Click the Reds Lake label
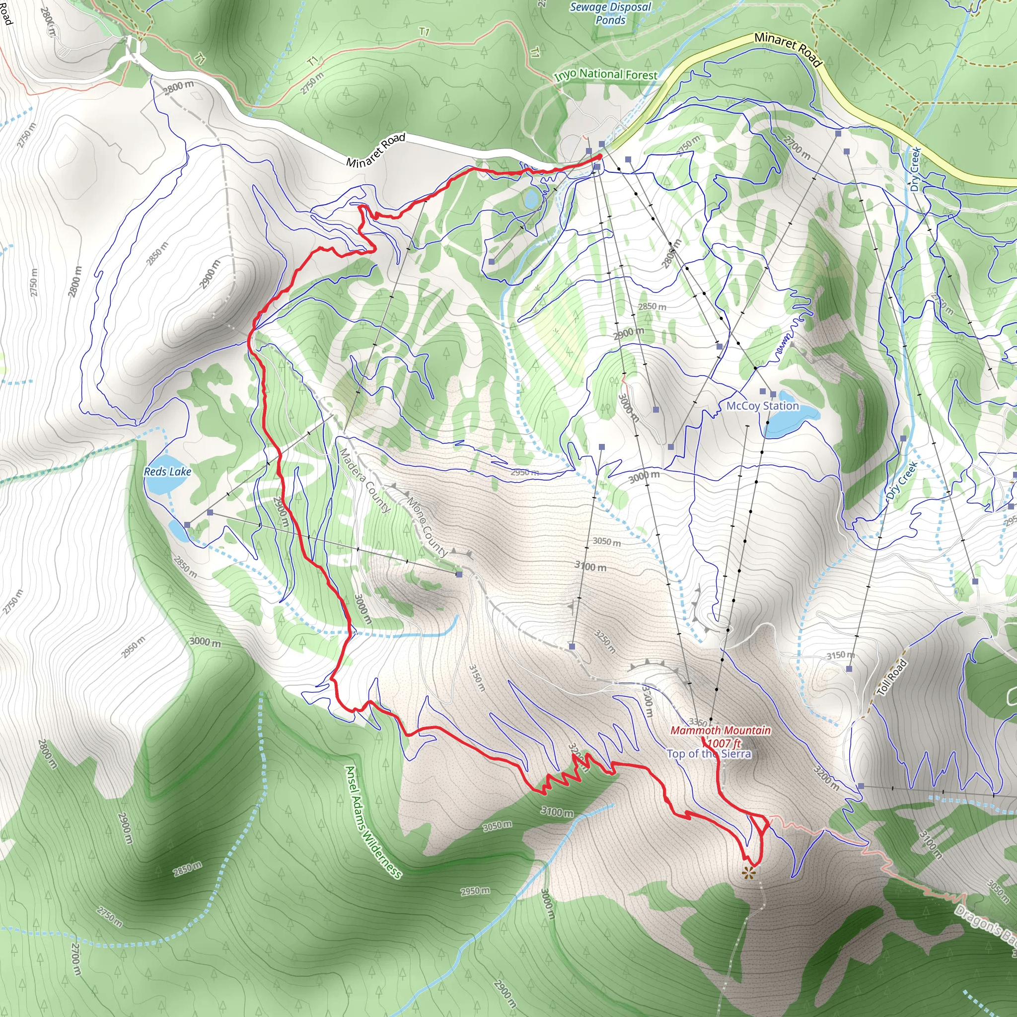point(167,472)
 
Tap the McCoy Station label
point(762,406)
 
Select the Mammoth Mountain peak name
point(720,730)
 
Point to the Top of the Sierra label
point(709,753)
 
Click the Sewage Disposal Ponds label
point(611,13)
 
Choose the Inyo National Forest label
point(605,75)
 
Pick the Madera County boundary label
point(365,480)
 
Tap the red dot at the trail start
point(599,157)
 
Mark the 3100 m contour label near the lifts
point(590,567)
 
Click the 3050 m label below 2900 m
point(606,541)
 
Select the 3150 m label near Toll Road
point(840,655)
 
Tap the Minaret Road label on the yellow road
point(788,50)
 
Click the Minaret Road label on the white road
point(376,149)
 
